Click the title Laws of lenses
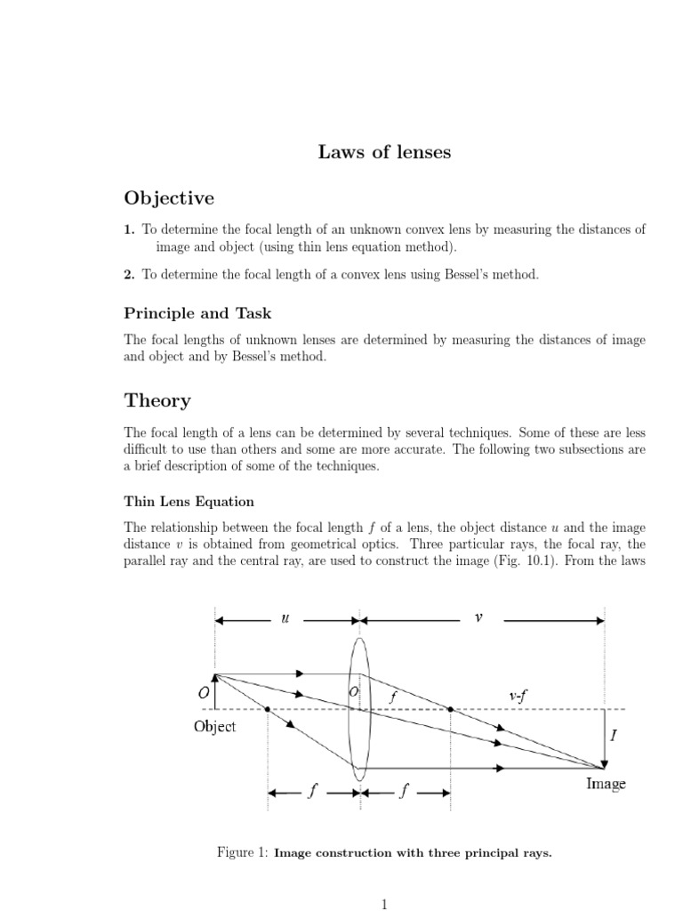point(384,152)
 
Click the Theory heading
point(157,400)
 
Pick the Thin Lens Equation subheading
point(189,502)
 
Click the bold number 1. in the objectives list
point(130,230)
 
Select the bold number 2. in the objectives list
point(130,275)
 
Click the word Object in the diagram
point(215,727)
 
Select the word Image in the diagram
point(606,784)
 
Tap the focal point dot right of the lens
point(451,709)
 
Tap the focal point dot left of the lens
point(268,709)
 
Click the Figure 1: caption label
point(242,852)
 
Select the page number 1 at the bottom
point(384,905)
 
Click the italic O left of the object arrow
point(203,693)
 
